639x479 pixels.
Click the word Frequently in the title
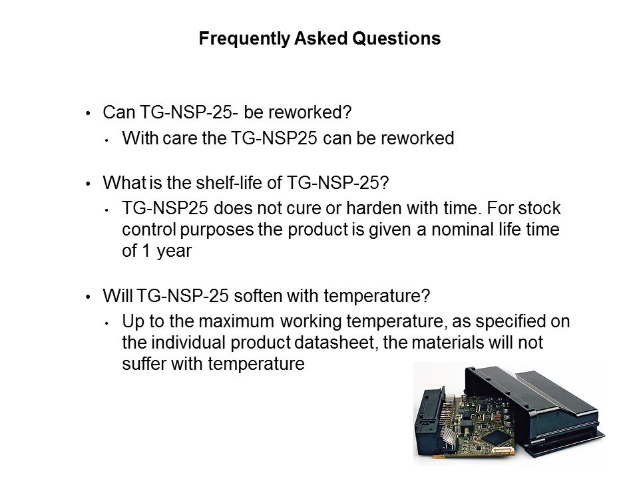point(244,39)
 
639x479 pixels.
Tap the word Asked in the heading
point(321,39)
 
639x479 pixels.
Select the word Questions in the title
point(397,39)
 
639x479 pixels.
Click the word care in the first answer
point(179,138)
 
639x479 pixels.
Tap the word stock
point(539,208)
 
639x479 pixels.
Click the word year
point(174,251)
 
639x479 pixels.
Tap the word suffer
point(144,364)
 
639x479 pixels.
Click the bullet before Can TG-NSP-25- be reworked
point(88,113)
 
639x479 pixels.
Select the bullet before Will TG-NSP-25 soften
point(88,297)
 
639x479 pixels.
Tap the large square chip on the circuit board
point(497,438)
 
